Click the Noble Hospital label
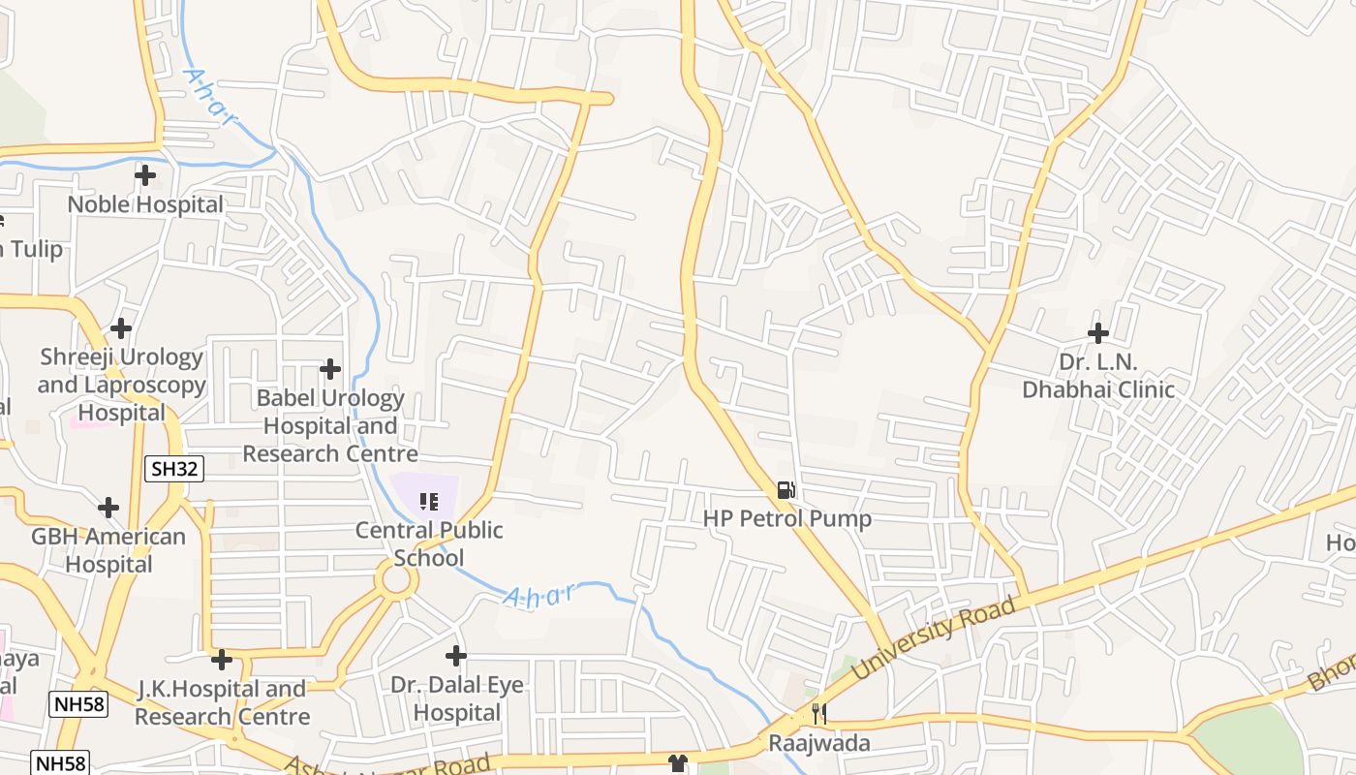pos(145,204)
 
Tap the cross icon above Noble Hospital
pos(145,175)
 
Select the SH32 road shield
pos(175,470)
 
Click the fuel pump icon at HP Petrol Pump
pos(786,490)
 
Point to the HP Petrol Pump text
pos(786,519)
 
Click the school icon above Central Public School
pos(428,501)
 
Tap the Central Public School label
pos(429,543)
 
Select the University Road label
pos(934,637)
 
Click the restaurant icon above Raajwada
pos(819,714)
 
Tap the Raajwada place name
pos(819,743)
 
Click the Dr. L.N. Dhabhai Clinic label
pos(1098,376)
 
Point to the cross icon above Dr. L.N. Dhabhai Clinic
pos(1097,333)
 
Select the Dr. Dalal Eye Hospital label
pos(456,698)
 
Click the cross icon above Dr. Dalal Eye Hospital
pos(456,656)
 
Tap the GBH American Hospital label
pos(108,550)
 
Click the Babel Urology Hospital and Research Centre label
pos(330,425)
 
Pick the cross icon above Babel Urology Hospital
pos(330,369)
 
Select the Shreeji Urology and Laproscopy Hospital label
pos(122,385)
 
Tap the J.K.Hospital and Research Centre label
pos(222,702)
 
